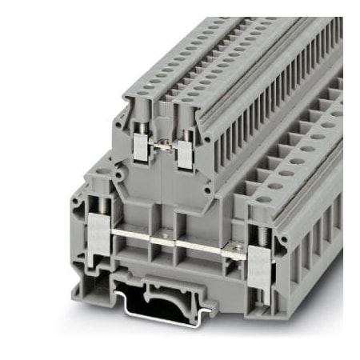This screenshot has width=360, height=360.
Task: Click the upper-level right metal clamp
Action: tap(186, 150)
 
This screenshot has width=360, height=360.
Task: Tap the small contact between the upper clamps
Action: tap(162, 143)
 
